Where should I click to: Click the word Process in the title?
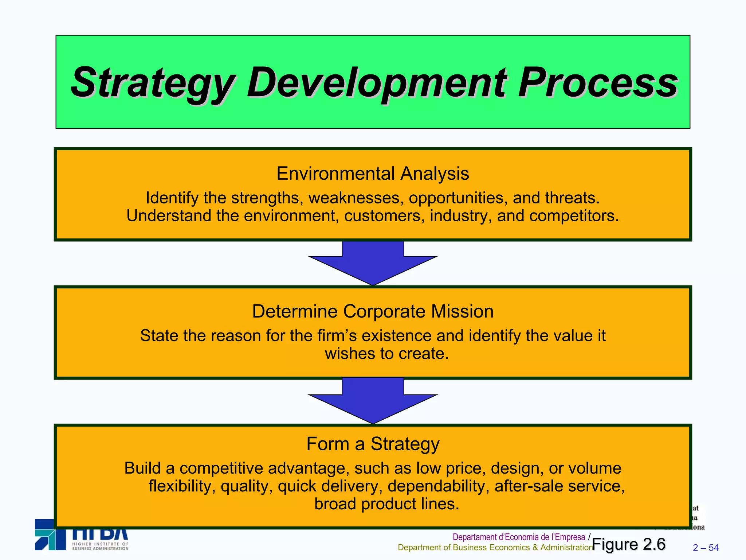point(597,83)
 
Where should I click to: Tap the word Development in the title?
point(377,83)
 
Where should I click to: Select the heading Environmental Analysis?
point(373,174)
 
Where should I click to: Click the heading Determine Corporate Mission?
point(373,311)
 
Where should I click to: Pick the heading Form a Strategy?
point(373,444)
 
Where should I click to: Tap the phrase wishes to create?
point(386,354)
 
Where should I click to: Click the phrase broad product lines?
point(386,504)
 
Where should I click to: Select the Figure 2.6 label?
point(629,544)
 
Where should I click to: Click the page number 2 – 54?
point(706,548)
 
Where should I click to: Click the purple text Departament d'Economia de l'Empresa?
point(519,537)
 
